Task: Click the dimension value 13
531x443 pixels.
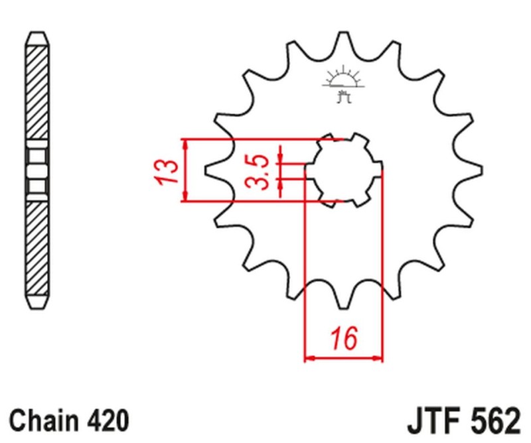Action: coord(167,171)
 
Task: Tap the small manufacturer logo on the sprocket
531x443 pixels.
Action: coord(343,84)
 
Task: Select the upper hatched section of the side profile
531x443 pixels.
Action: coord(37,90)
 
